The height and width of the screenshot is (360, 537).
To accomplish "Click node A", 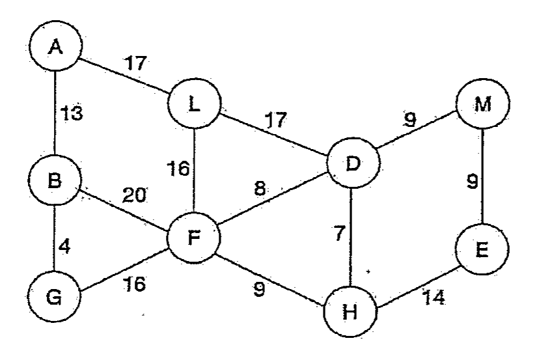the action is click(56, 46).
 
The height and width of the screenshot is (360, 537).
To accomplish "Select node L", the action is click(194, 104).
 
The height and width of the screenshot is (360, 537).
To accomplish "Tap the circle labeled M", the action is click(483, 104).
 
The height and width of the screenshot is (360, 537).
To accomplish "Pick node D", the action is click(353, 163).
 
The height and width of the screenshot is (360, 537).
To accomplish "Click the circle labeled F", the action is click(194, 238).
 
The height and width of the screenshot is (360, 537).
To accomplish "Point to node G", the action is click(54, 297).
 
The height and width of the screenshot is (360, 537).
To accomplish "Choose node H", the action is click(350, 311).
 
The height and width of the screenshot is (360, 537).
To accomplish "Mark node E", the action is click(482, 249).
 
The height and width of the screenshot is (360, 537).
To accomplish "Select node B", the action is click(55, 180).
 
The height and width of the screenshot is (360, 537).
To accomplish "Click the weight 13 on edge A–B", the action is click(72, 113).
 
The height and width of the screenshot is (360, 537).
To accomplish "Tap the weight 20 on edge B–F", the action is click(134, 195).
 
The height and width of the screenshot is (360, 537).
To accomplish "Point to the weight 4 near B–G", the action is click(64, 246).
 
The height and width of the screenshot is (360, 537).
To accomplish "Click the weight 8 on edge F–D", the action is click(260, 188).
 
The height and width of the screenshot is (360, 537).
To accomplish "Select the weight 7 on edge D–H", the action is click(338, 233).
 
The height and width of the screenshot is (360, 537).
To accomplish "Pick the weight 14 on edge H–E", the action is click(434, 297).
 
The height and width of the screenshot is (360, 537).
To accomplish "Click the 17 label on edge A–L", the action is click(136, 63).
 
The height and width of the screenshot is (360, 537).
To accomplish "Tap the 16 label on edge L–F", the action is click(178, 169).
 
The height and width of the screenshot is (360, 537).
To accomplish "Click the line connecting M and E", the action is click(483, 176).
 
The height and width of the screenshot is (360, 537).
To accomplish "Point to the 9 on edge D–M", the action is click(410, 119).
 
